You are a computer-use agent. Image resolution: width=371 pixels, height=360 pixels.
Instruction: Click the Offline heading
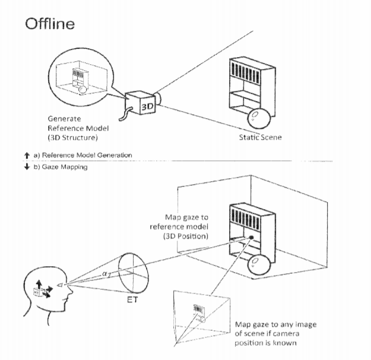[x=50, y=24]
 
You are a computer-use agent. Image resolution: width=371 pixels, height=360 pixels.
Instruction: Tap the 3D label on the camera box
[x=147, y=106]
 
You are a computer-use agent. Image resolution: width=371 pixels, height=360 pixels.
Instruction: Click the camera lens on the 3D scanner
[x=158, y=98]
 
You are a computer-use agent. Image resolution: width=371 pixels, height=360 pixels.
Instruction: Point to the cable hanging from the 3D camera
[x=125, y=114]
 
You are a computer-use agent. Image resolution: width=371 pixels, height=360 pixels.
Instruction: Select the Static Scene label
[x=260, y=137]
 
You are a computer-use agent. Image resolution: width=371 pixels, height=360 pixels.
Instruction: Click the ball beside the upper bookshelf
[x=259, y=118]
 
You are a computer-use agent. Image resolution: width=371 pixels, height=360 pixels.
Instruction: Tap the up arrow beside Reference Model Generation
[x=27, y=156]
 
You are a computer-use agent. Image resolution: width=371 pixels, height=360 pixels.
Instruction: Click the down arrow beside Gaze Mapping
[x=27, y=166]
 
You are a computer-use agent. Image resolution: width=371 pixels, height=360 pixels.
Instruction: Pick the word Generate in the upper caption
[x=64, y=118]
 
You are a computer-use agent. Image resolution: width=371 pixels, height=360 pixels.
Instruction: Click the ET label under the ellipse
[x=132, y=300]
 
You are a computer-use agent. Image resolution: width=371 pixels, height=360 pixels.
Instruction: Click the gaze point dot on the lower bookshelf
[x=251, y=237]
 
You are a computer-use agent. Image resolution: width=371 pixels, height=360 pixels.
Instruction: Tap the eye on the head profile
[x=61, y=285]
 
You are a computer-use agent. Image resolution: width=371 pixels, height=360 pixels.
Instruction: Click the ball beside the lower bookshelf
[x=259, y=265]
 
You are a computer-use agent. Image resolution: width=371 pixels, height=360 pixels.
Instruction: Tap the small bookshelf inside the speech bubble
[x=80, y=79]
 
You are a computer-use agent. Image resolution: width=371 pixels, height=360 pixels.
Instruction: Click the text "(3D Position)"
[x=186, y=236]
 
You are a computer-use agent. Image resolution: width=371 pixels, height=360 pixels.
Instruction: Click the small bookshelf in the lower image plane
[x=199, y=313]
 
